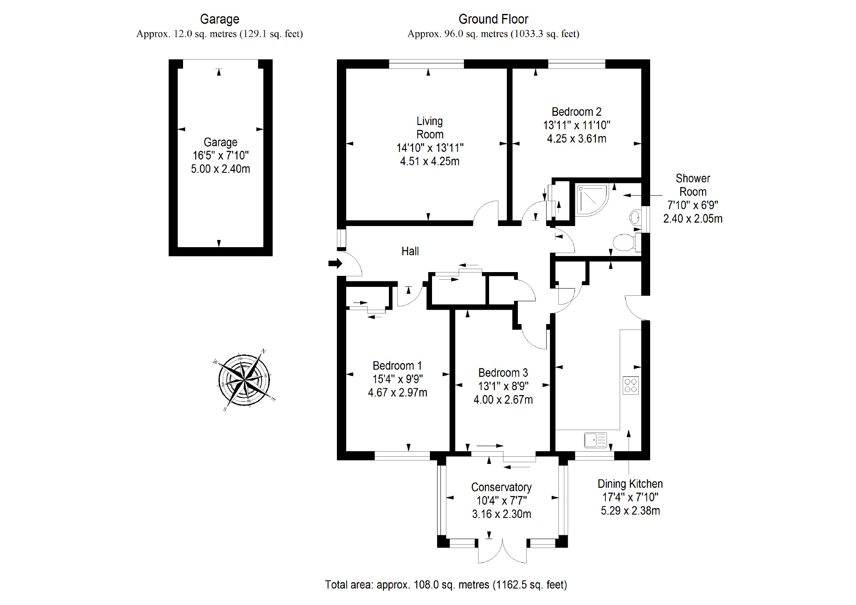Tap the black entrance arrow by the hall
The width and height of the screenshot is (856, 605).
click(x=335, y=264)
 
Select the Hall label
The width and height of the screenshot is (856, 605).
click(x=410, y=251)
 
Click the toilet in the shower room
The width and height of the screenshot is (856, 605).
click(x=625, y=243)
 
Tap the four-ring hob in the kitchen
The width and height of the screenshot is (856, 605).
click(x=630, y=385)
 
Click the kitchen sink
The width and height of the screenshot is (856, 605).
click(x=595, y=440)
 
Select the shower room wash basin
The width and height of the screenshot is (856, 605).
click(x=635, y=218)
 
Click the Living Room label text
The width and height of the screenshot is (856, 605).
click(x=429, y=128)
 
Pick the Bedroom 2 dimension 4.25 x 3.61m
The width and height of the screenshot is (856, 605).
click(x=577, y=139)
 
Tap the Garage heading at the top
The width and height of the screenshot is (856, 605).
click(x=219, y=19)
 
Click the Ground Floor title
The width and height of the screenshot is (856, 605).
click(x=493, y=19)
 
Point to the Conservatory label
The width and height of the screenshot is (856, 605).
click(x=501, y=487)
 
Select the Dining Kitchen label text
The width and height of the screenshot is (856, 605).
click(x=630, y=484)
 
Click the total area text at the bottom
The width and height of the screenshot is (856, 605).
click(x=446, y=585)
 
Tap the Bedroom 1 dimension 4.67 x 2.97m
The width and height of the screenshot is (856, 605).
click(x=397, y=392)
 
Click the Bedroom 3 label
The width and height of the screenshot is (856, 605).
click(x=503, y=373)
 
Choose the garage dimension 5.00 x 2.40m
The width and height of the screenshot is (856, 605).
click(x=220, y=169)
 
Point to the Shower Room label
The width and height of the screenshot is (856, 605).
click(x=692, y=185)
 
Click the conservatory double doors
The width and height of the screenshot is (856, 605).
click(x=502, y=551)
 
